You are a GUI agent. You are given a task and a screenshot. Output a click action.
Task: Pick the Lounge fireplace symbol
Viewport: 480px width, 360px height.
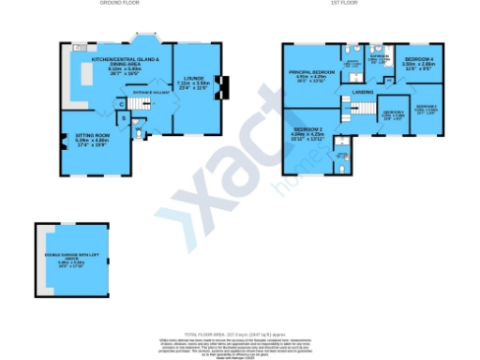point(221,87)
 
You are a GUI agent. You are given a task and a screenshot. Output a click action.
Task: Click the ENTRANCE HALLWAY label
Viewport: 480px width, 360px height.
point(151,94)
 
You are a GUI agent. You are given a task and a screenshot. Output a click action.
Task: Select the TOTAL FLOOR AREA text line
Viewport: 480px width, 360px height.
point(240,332)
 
